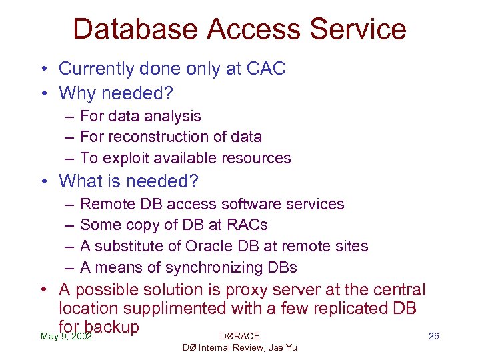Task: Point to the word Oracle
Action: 203,247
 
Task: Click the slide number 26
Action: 433,336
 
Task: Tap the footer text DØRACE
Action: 239,336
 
